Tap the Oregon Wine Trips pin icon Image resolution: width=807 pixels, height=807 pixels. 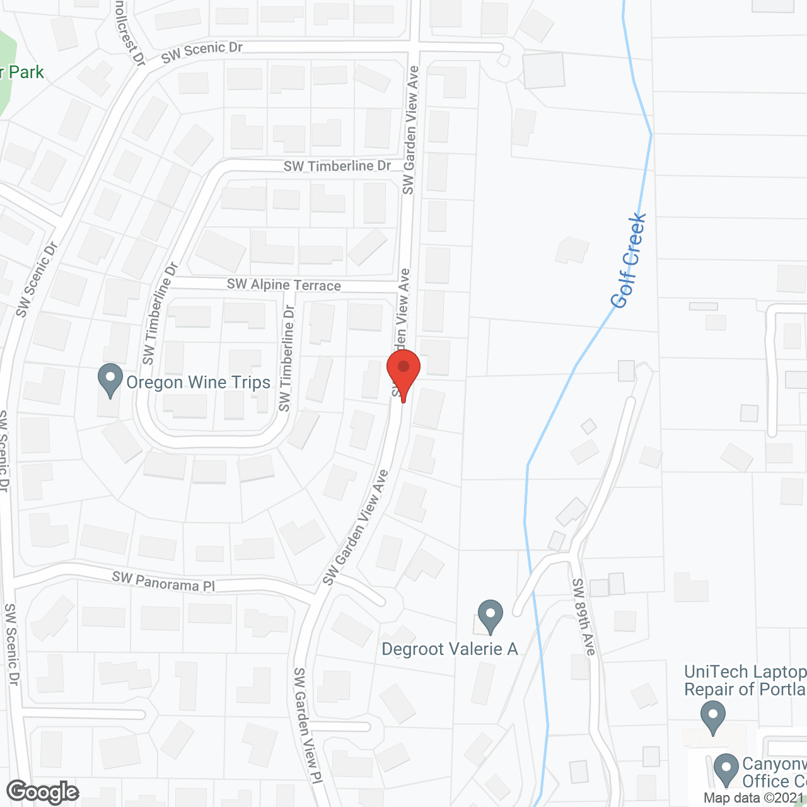(x=110, y=380)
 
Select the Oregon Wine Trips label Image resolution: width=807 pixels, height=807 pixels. (x=198, y=383)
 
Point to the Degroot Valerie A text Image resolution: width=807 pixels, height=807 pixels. (x=450, y=649)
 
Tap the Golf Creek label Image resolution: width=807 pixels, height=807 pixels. (x=629, y=260)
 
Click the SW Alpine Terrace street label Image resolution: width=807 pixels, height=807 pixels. (x=284, y=285)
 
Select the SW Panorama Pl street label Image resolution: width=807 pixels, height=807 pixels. (x=163, y=582)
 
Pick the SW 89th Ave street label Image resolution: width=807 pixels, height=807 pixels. (x=584, y=617)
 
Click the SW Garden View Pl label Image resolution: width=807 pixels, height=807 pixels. (x=308, y=725)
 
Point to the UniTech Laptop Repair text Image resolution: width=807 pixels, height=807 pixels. (x=745, y=680)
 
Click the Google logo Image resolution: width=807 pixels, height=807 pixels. (x=43, y=792)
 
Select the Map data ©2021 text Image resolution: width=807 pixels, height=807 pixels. (x=754, y=798)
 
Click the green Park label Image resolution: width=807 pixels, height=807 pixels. (x=23, y=73)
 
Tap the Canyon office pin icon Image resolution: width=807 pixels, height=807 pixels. (x=726, y=770)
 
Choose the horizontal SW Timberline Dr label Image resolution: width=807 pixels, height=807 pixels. (x=337, y=166)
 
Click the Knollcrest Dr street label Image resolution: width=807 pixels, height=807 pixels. (x=130, y=32)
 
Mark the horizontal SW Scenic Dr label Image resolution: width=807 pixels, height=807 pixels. (x=202, y=52)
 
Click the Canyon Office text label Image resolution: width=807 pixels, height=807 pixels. (x=774, y=772)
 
